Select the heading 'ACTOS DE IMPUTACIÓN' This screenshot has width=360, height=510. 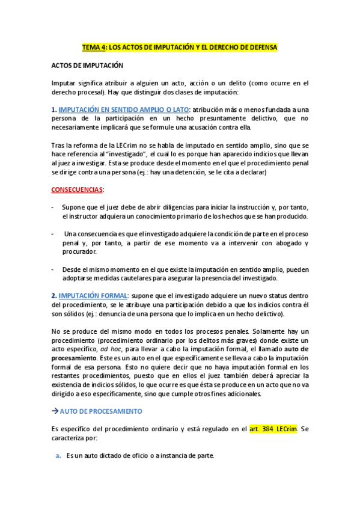click(87, 66)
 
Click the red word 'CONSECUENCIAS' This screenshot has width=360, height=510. click(77, 189)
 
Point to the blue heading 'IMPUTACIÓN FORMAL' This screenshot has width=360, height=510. click(93, 295)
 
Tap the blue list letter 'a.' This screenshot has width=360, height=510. click(58, 455)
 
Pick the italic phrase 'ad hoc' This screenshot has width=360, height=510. click(108, 349)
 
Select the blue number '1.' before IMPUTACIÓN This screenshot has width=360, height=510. click(53, 109)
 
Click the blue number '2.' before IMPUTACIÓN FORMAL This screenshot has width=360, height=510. click(53, 295)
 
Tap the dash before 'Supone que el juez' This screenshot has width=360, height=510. click(52, 207)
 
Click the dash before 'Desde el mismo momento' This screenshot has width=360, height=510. click(52, 269)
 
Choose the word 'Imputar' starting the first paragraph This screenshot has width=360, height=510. click(64, 83)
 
